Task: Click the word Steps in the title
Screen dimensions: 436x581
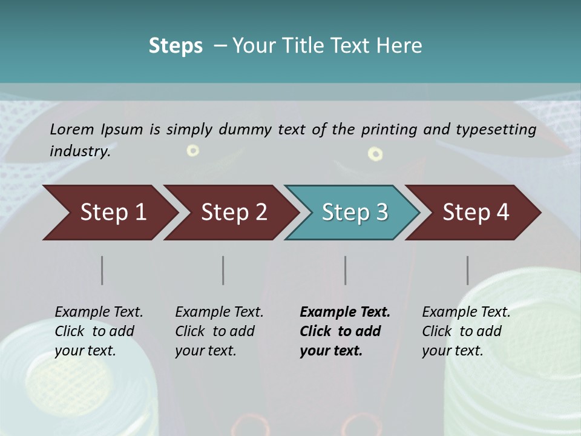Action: tap(176, 46)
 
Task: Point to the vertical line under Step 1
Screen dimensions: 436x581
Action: tap(102, 270)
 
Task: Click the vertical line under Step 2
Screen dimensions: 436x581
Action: tap(223, 270)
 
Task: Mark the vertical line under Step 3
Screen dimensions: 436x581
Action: tap(346, 270)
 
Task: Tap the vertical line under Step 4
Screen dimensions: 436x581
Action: tap(468, 270)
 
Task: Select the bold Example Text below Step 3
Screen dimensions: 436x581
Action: tap(345, 331)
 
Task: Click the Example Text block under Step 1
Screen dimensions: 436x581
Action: tap(99, 331)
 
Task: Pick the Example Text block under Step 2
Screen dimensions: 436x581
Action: tap(219, 331)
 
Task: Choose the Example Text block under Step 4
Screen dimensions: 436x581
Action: tap(466, 331)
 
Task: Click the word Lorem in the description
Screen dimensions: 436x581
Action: tap(72, 129)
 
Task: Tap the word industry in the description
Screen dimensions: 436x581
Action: tap(80, 151)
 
